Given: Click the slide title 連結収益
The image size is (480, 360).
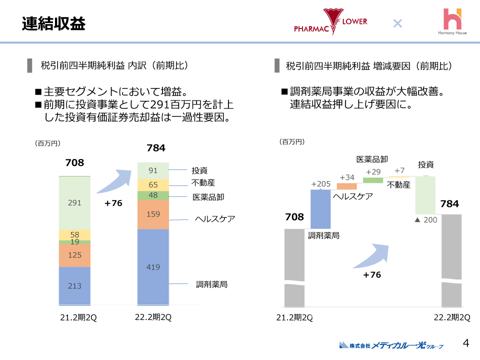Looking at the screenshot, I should coord(53,23).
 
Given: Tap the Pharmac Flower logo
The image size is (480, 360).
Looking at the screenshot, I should coord(330,22).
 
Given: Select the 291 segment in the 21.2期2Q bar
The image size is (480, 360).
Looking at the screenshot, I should coord(74,203).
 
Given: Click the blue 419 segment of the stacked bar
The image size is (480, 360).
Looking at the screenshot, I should coord(153,267).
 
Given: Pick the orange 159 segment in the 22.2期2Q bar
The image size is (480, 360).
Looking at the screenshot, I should coord(153,214).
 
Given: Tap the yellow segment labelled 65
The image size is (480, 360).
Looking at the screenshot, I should coord(153,184).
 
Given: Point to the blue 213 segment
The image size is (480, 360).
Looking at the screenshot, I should coord(74,285).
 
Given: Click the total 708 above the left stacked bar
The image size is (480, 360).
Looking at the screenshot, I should coord(74,163).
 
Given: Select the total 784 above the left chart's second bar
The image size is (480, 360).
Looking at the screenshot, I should coord(155,148).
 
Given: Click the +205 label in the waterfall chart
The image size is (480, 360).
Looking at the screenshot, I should coord(320,183).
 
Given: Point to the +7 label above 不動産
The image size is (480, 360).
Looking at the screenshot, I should coord(399,170).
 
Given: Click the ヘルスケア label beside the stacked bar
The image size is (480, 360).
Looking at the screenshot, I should coord(214,219).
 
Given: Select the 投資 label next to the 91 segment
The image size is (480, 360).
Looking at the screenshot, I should coord(199,170).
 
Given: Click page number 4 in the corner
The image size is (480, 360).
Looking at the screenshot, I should coord(466,343).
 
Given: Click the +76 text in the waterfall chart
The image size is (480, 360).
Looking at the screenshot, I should coord(372,274).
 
